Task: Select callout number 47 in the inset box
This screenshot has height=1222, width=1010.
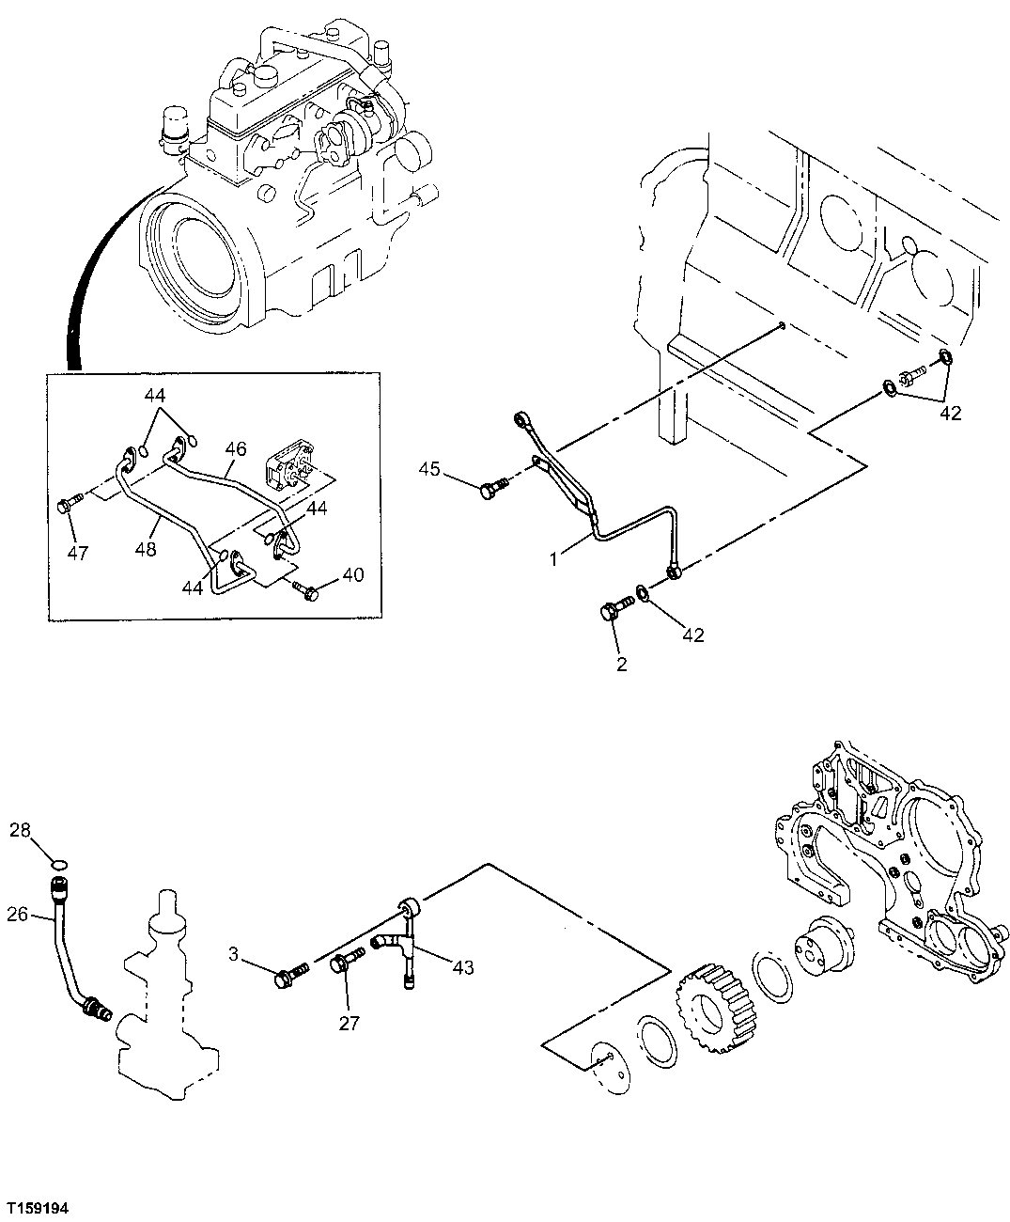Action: click(x=77, y=553)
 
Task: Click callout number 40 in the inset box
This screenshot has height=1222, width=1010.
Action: click(x=353, y=574)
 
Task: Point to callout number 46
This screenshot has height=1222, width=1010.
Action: click(x=235, y=449)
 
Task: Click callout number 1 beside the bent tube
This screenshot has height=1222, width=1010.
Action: click(x=554, y=558)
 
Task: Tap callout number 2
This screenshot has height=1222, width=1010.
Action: click(x=621, y=666)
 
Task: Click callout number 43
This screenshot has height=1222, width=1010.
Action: click(x=462, y=966)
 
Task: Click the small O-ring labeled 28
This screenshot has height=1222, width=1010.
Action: click(x=58, y=862)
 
